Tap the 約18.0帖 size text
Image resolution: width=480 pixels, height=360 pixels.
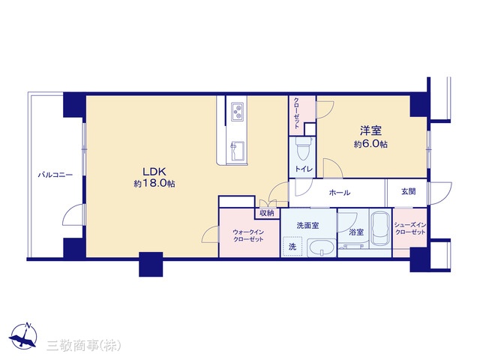154,184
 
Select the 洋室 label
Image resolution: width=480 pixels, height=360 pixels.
370,130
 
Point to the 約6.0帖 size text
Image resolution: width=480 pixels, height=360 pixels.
370,144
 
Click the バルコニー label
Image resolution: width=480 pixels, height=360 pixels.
55,175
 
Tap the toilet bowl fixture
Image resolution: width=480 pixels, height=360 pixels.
304,148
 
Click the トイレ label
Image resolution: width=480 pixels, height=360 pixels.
304,169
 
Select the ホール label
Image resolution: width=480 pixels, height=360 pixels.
340,193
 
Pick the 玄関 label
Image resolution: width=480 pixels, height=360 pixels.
408,192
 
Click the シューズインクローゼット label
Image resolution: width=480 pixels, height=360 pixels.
410,228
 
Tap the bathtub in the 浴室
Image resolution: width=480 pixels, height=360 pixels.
380,228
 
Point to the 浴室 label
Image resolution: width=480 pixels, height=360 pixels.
356,232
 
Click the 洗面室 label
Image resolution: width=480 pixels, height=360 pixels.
308,226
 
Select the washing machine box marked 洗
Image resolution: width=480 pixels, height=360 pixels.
292,247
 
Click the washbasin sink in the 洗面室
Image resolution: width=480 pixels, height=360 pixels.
320,248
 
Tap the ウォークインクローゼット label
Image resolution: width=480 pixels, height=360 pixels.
248,235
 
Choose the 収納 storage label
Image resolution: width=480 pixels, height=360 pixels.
267,213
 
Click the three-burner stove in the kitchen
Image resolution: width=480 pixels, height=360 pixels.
237,112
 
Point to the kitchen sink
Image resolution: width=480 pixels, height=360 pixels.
237,151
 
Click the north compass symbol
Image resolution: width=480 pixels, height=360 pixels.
24,336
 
